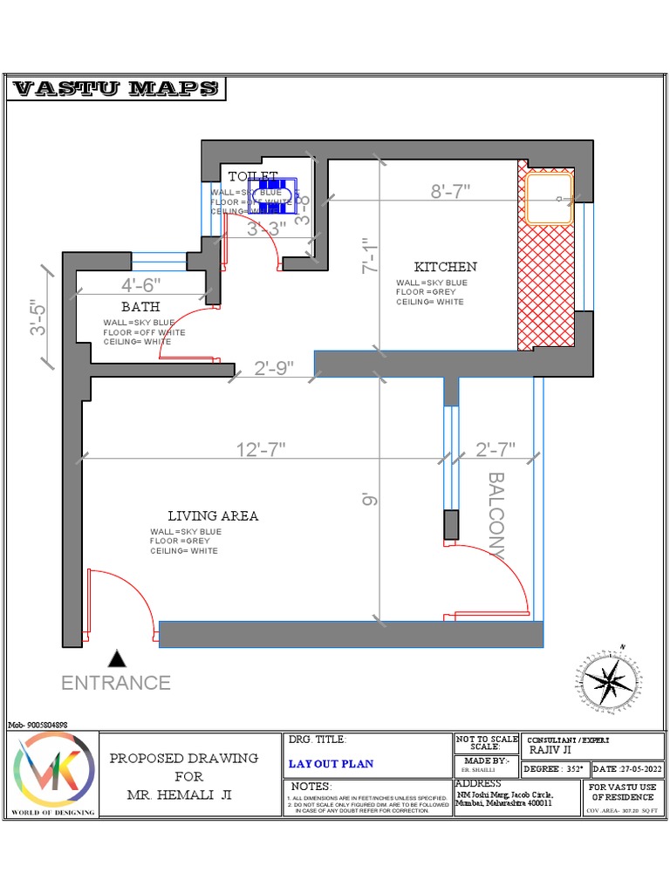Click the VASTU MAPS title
click(x=117, y=89)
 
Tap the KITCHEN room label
click(x=445, y=267)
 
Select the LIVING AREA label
click(x=213, y=516)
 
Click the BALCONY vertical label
click(x=496, y=515)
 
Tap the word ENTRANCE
click(x=116, y=683)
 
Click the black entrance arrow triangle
click(x=116, y=658)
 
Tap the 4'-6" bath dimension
click(x=141, y=284)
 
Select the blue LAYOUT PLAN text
click(x=331, y=764)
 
